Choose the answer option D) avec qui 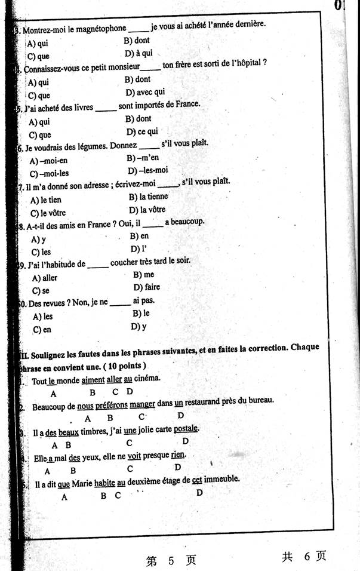145,93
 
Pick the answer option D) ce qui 142,132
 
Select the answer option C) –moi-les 49,174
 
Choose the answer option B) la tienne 148,197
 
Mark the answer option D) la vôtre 147,210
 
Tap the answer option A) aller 45,278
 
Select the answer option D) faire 147,287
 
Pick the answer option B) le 141,314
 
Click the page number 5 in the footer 171,561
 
